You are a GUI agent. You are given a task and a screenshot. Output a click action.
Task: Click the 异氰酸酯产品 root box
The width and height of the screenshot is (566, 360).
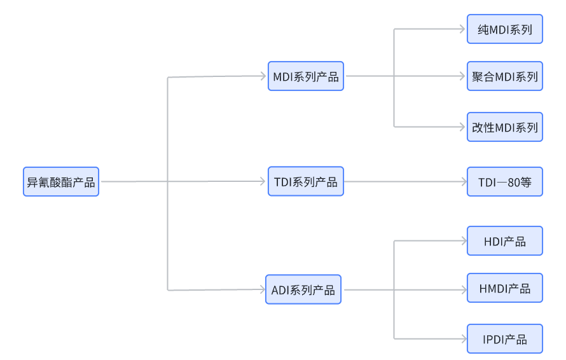(x=61, y=182)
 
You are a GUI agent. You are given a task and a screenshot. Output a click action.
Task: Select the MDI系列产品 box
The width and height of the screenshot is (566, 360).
(x=306, y=76)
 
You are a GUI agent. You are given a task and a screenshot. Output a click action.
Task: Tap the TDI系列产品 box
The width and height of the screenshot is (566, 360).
(x=306, y=181)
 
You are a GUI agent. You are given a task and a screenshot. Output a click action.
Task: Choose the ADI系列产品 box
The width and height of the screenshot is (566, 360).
(x=303, y=289)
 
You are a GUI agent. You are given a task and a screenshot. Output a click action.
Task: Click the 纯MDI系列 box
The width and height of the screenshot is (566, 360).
(x=505, y=29)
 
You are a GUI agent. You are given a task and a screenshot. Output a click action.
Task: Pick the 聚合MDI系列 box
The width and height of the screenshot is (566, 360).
(x=505, y=76)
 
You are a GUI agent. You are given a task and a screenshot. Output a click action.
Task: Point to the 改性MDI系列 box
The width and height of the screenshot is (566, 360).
(x=505, y=127)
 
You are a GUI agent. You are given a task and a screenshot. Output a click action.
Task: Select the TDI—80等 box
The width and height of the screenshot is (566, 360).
(x=505, y=182)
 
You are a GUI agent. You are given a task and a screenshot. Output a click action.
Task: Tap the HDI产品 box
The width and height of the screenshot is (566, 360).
(x=505, y=241)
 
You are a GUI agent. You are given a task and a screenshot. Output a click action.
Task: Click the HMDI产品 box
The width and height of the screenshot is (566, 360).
(x=505, y=287)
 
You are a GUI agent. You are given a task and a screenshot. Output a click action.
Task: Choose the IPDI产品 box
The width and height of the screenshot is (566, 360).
(x=505, y=339)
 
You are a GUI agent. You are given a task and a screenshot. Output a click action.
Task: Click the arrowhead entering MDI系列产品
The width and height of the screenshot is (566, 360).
(x=263, y=76)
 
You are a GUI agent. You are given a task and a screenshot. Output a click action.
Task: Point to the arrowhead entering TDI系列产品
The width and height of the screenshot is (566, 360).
(x=263, y=181)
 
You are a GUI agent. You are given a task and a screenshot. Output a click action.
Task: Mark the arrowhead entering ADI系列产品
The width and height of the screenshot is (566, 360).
(x=263, y=289)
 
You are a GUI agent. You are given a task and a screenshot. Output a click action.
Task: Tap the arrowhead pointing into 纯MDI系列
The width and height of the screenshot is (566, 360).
(x=462, y=29)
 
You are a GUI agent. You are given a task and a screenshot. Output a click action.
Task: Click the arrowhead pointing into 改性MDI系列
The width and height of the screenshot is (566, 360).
(x=462, y=127)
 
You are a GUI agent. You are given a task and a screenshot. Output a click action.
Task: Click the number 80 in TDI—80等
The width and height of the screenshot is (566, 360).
(x=514, y=183)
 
